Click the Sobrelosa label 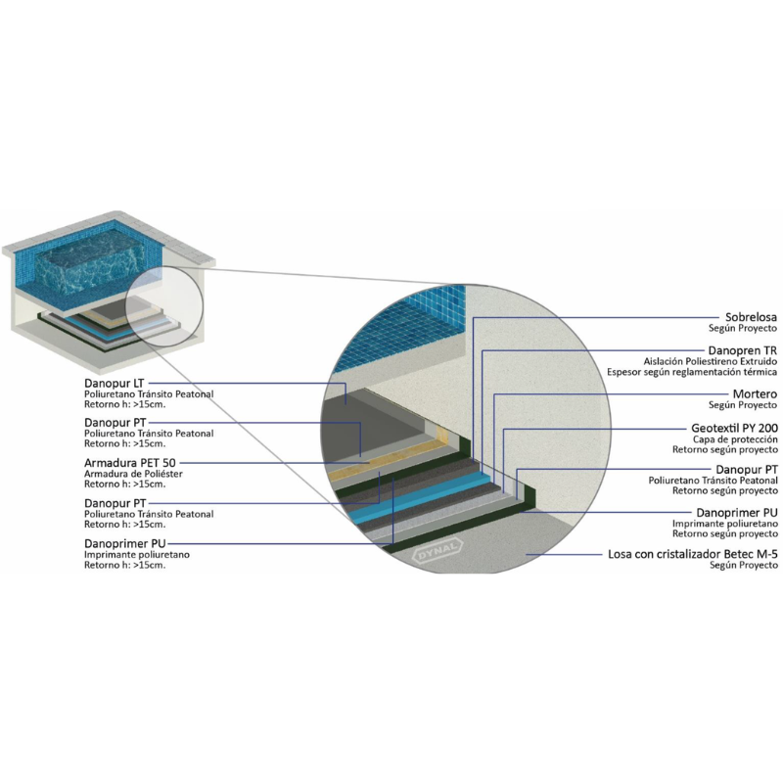pyautogui.click(x=750, y=317)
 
